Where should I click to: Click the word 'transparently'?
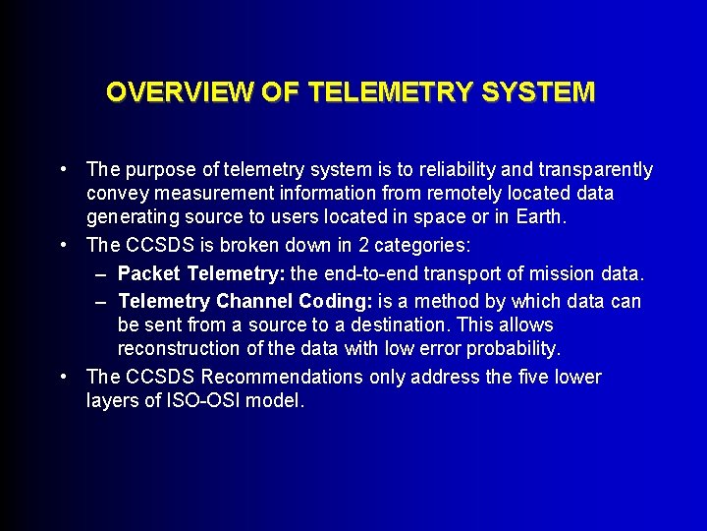599,170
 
